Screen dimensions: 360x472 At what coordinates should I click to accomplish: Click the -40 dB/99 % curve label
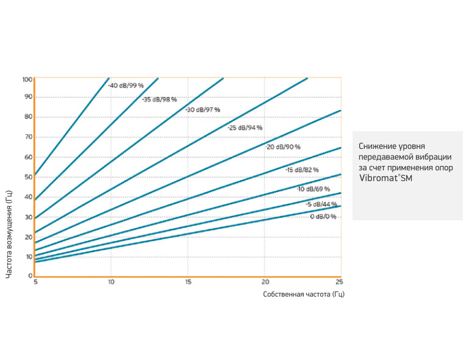coord(126,86)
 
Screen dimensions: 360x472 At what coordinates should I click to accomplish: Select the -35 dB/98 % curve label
coord(160,99)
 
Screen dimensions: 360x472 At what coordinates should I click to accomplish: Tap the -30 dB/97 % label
coord(202,110)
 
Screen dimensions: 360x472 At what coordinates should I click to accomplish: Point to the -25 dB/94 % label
coord(245,128)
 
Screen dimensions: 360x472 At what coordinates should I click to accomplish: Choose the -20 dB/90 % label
coord(283,147)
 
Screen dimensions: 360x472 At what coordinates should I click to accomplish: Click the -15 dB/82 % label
coord(302,170)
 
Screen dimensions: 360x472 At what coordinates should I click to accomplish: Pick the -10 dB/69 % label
coord(313,189)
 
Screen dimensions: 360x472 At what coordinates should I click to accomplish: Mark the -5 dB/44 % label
coord(321,204)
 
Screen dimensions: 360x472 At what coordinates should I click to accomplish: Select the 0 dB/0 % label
coord(323,217)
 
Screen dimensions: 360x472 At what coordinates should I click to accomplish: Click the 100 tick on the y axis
coord(27,79)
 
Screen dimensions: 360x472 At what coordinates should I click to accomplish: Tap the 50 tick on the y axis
coord(28,178)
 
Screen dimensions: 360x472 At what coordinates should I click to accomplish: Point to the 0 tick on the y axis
coord(30,276)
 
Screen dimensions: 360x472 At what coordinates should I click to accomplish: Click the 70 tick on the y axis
coord(28,138)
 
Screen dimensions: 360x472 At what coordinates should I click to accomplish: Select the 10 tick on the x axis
coord(111,282)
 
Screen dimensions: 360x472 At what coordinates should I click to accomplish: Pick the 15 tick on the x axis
coord(188,282)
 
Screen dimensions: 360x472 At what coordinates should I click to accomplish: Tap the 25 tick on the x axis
coord(340,282)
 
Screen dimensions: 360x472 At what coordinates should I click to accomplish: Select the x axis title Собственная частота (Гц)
coord(304,295)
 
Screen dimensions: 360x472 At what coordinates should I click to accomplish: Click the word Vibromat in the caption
coord(379,178)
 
